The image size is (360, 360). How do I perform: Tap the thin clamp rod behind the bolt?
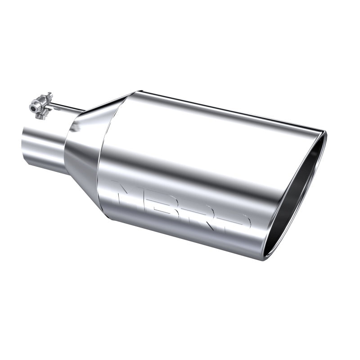click(x=67, y=108)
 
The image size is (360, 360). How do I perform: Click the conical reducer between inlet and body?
click(x=83, y=148)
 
